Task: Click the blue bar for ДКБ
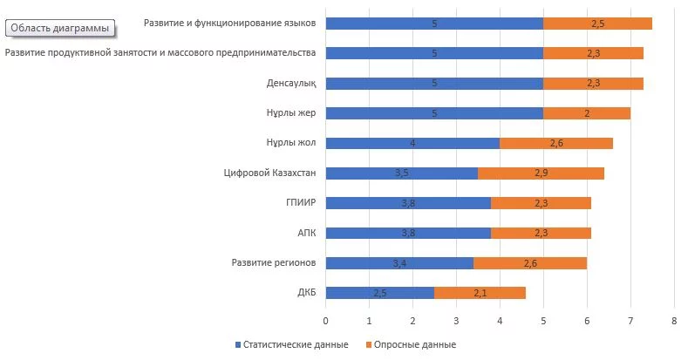point(379,293)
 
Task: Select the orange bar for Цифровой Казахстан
point(541,173)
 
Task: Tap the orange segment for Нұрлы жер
point(586,113)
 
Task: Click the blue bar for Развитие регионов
point(399,263)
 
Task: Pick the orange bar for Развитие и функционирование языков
point(597,24)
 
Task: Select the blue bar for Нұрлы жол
point(412,143)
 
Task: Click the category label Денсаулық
point(290,84)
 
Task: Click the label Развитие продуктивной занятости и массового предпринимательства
point(160,53)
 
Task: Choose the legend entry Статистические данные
point(293,344)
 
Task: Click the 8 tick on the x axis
point(674,322)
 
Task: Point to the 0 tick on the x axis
point(325,322)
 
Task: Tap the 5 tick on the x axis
point(543,322)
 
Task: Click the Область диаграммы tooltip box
point(60,28)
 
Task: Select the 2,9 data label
point(541,173)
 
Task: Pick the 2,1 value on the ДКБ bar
point(480,293)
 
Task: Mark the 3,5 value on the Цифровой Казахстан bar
point(401,173)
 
